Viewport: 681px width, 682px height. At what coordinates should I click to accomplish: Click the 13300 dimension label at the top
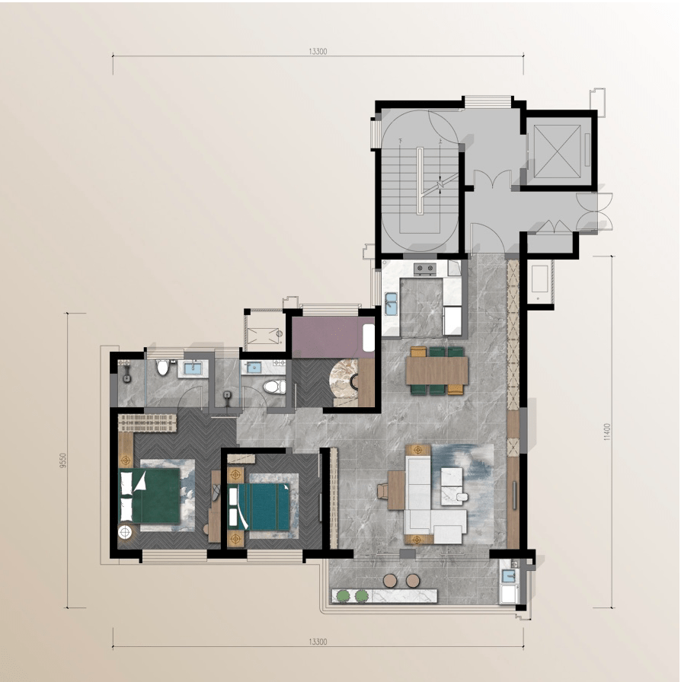tap(318, 51)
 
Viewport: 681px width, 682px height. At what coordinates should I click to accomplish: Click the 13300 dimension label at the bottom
tap(318, 642)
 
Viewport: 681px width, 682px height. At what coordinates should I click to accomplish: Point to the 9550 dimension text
tap(63, 461)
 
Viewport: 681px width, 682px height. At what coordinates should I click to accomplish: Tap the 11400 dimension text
tap(607, 432)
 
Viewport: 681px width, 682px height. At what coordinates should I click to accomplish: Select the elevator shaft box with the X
tap(558, 151)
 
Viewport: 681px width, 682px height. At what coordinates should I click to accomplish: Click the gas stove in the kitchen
tap(424, 269)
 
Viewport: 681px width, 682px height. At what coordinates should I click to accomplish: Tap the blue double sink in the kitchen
tap(391, 304)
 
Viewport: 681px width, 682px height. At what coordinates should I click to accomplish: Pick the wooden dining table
tap(436, 370)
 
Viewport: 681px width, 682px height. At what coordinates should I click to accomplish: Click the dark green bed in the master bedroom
tap(150, 495)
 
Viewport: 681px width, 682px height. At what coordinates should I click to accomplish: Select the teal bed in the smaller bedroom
tap(259, 507)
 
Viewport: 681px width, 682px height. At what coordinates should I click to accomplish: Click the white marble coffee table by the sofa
tap(451, 486)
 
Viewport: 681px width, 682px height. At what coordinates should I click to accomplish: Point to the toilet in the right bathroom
tap(274, 386)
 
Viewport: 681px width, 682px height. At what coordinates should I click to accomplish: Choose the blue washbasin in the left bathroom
tap(193, 368)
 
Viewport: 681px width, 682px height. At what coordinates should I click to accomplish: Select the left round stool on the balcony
tap(390, 580)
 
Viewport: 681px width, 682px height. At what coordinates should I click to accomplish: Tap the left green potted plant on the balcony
tap(343, 596)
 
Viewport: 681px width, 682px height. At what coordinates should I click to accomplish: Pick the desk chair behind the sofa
tap(382, 490)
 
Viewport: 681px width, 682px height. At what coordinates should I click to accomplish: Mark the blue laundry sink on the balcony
tap(507, 576)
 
